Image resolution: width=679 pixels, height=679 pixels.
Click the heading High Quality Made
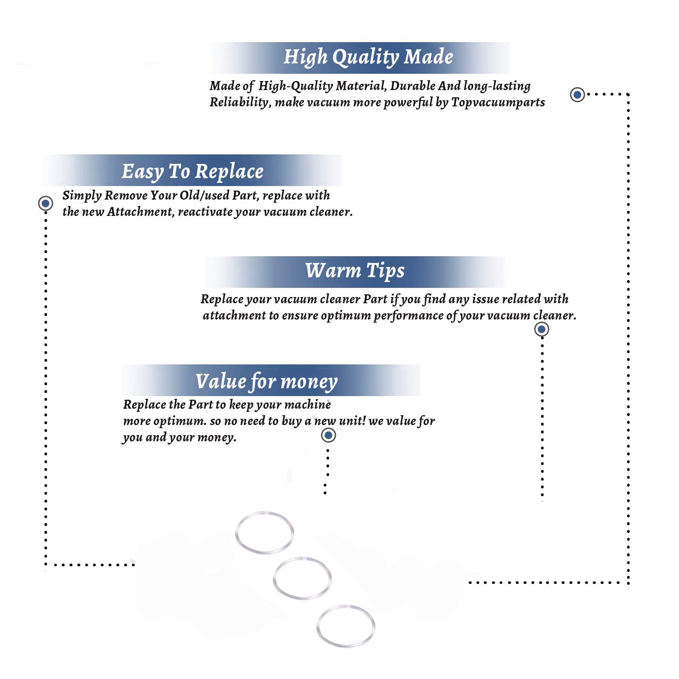[x=368, y=57]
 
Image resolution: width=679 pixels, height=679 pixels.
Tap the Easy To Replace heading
[x=192, y=172]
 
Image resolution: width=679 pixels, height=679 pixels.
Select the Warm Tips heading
[x=354, y=271]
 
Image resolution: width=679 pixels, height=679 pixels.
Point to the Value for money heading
[x=267, y=382]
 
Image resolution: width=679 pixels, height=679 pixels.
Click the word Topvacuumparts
[x=498, y=103]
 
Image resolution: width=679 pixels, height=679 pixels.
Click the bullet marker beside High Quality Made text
[x=577, y=95]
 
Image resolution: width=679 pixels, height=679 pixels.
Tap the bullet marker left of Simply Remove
[x=45, y=203]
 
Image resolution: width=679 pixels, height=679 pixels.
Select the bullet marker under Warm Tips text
[x=541, y=329]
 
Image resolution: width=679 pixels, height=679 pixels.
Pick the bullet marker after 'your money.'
[x=328, y=435]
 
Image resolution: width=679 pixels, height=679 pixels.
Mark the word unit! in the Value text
[x=352, y=421]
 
